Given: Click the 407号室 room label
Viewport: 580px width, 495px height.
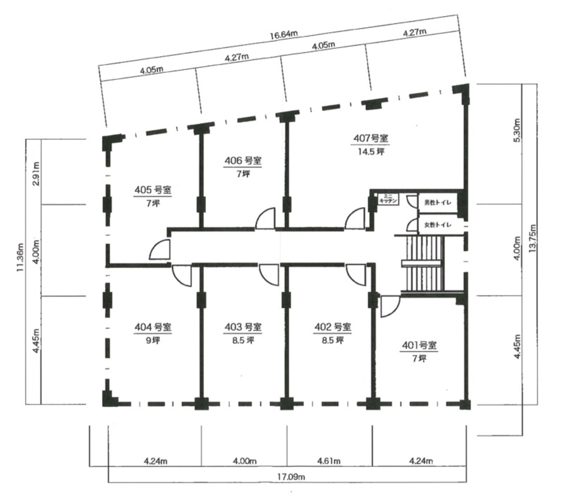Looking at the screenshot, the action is pyautogui.click(x=371, y=138).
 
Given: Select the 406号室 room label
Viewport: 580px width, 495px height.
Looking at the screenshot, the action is pyautogui.click(x=243, y=161).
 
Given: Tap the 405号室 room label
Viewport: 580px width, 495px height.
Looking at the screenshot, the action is pyautogui.click(x=153, y=190).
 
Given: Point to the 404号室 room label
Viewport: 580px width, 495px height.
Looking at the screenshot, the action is pyautogui.click(x=153, y=327).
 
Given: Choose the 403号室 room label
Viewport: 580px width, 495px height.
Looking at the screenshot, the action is pyautogui.click(x=243, y=327).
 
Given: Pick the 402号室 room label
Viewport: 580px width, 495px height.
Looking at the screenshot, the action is pyautogui.click(x=332, y=327).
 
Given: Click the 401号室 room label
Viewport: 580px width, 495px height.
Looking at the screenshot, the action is pyautogui.click(x=419, y=345).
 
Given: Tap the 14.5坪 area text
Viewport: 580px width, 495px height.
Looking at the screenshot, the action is pyautogui.click(x=371, y=151).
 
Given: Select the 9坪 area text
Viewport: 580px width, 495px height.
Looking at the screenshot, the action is pyautogui.click(x=153, y=340).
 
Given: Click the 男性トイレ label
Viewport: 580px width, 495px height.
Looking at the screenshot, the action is pyautogui.click(x=438, y=203).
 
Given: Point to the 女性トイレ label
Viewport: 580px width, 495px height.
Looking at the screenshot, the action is pyautogui.click(x=438, y=225).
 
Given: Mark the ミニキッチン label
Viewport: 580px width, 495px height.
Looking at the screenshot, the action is pyautogui.click(x=387, y=199).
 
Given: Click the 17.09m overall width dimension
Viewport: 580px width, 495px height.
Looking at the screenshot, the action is pyautogui.click(x=291, y=477).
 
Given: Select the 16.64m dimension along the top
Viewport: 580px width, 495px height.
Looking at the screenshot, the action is pyautogui.click(x=284, y=35).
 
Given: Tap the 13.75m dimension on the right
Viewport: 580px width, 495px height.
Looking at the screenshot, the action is pyautogui.click(x=533, y=238).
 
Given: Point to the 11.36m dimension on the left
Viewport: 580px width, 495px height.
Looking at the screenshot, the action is pyautogui.click(x=20, y=258).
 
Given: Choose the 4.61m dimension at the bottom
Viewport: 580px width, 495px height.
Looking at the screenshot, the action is pyautogui.click(x=329, y=461).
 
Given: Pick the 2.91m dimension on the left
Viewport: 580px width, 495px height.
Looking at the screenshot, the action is pyautogui.click(x=36, y=174).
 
